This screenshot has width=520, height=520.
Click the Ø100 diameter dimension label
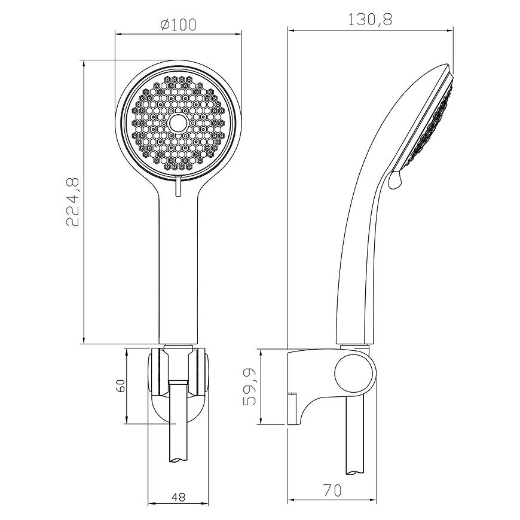178,25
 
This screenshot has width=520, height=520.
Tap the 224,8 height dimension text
73,202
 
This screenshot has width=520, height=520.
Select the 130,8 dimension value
370,20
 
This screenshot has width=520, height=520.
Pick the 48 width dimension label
179,497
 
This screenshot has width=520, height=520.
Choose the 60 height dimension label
121,386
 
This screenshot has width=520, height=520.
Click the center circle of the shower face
179,123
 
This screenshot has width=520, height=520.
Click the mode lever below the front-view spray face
179,186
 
